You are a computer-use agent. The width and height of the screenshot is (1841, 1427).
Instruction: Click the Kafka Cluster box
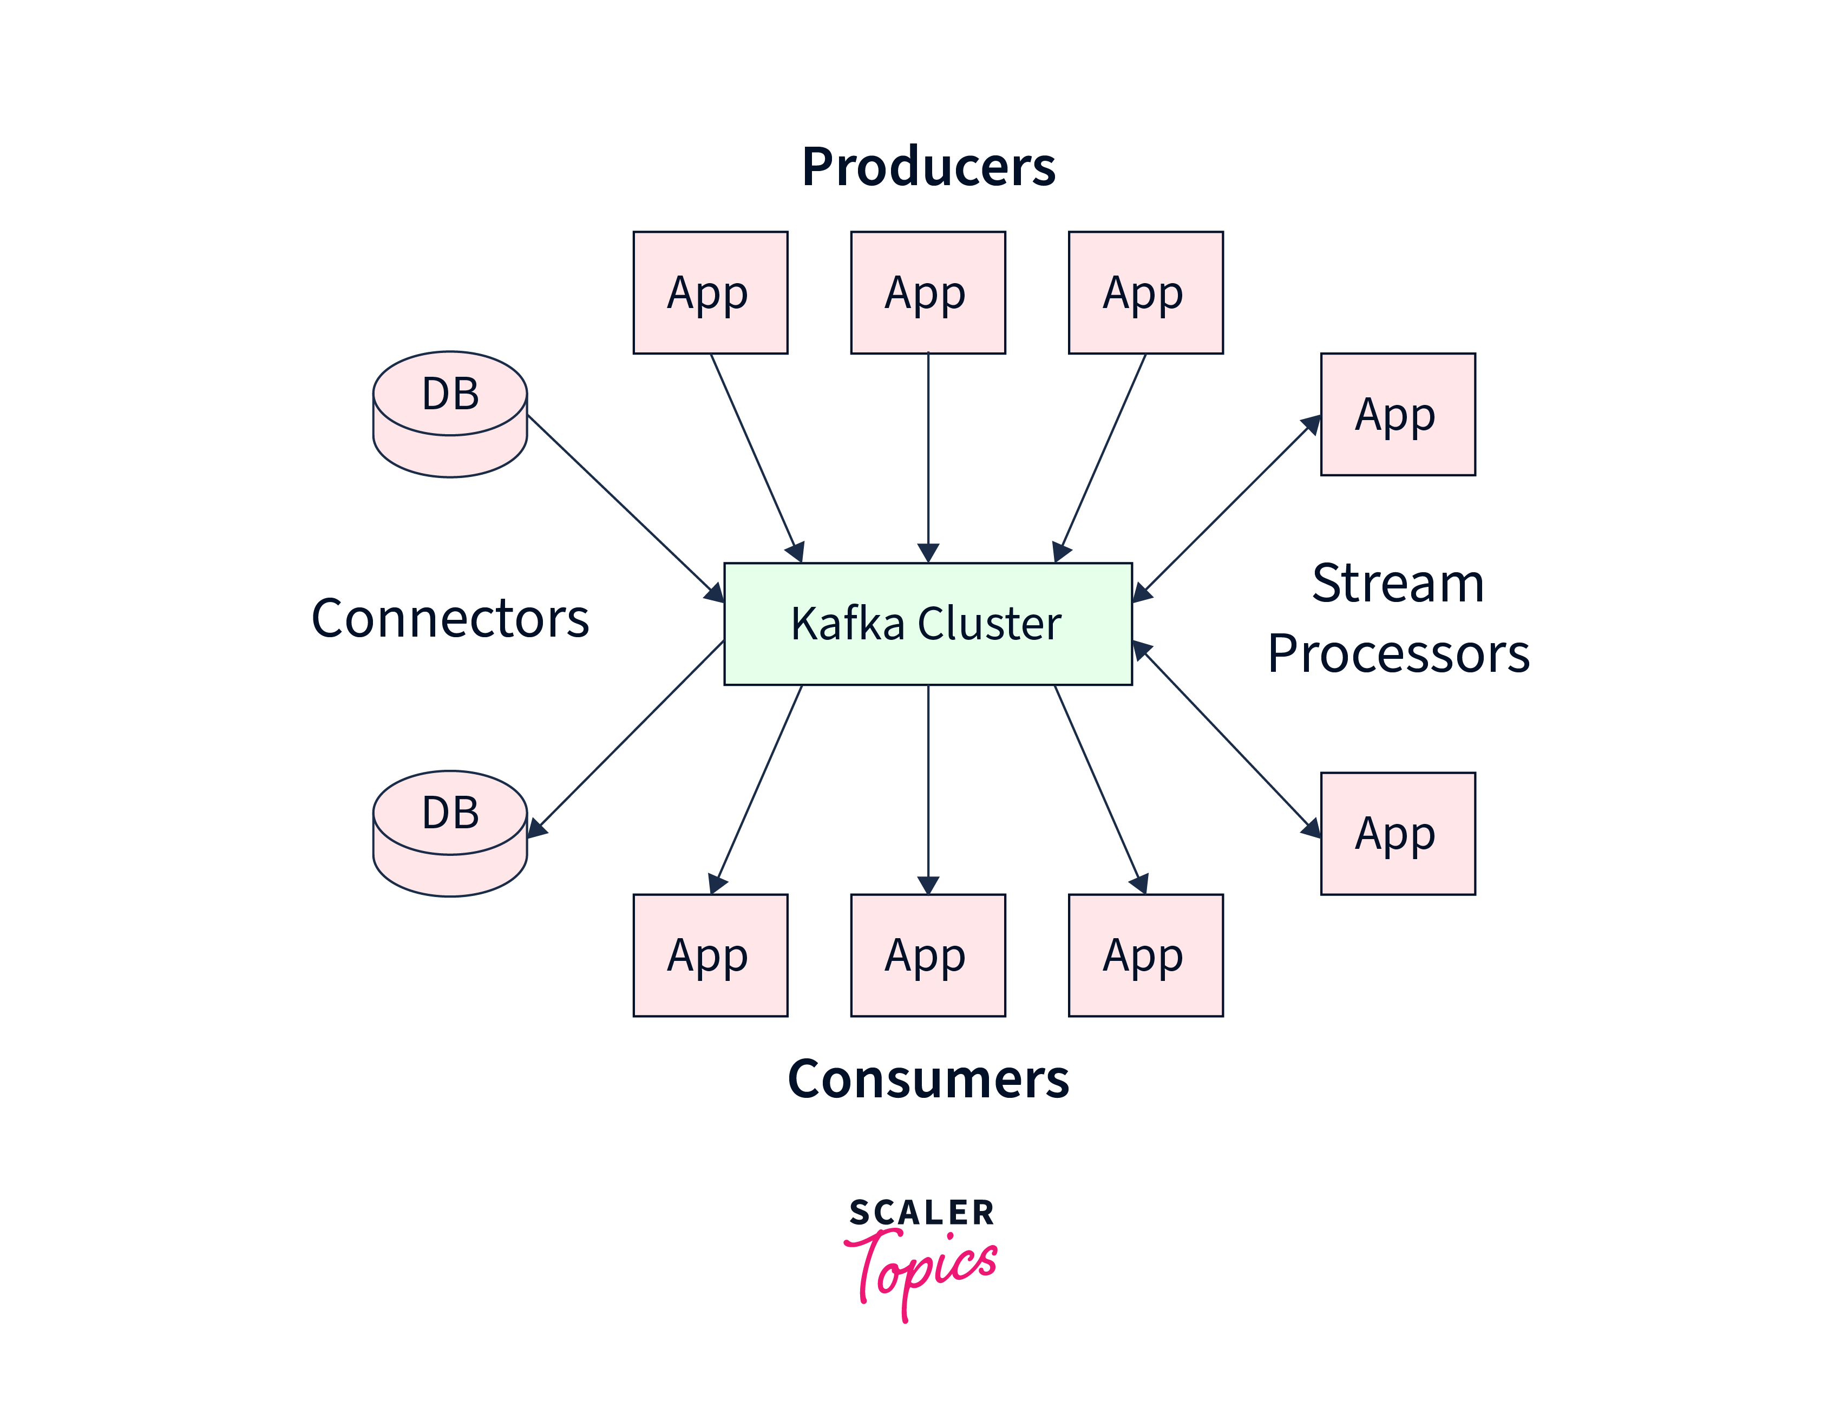coord(927,624)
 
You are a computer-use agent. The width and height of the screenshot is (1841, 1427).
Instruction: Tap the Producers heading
coord(928,166)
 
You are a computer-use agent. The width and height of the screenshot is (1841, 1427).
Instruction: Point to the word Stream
coord(1398,582)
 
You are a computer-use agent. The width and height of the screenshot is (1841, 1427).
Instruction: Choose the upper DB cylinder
coord(450,413)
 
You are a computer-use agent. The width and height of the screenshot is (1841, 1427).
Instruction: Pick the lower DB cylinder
coord(450,833)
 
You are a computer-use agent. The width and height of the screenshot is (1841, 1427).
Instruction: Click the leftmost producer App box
coord(710,292)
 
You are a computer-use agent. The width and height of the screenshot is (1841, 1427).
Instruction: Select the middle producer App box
coord(927,292)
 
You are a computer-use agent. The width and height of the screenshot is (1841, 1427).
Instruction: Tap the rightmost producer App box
coord(1145,292)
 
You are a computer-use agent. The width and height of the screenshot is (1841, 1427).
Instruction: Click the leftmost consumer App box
coord(710,955)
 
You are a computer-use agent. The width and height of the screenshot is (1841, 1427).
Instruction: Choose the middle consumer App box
coord(927,955)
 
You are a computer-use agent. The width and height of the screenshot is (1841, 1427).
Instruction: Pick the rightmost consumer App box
coord(1145,955)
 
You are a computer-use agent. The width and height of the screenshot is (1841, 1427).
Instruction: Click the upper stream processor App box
coord(1397,414)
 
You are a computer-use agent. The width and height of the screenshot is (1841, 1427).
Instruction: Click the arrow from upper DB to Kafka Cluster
coord(624,506)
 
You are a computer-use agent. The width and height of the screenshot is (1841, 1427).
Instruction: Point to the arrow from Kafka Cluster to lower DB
coord(628,737)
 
